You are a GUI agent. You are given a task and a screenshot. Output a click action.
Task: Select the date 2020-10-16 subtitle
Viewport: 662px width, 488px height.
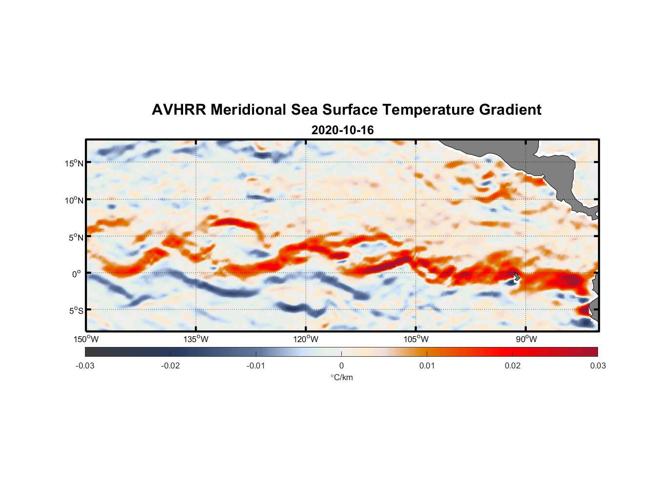342,130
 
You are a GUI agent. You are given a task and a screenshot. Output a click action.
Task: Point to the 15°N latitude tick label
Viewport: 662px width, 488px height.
74,163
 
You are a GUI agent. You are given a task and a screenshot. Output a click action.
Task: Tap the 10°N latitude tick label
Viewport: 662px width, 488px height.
74,200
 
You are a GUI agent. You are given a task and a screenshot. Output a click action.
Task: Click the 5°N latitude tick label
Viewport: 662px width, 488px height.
75,237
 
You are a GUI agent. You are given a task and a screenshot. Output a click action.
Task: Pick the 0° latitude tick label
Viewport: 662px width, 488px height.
77,274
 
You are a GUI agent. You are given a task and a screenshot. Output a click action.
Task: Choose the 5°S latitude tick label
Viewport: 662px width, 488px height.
75,310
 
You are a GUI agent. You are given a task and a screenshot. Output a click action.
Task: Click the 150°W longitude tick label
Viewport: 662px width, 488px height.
86,339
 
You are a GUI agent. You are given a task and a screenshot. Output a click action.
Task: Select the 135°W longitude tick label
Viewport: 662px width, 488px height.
196,339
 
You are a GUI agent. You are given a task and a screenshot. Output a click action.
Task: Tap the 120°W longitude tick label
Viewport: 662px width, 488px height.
306,339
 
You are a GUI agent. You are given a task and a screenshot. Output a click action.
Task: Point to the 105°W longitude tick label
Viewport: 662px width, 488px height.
416,339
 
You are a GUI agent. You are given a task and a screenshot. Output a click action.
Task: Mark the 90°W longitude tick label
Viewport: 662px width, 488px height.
526,339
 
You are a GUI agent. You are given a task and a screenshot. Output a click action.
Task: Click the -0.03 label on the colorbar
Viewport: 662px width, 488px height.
85,366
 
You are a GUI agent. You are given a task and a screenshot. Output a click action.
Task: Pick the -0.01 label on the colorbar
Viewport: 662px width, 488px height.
256,366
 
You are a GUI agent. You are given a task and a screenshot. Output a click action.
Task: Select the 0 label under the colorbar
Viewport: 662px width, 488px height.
341,366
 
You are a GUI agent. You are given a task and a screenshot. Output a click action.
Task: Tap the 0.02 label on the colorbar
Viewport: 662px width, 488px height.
513,366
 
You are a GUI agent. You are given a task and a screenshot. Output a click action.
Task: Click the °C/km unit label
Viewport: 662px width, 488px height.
341,377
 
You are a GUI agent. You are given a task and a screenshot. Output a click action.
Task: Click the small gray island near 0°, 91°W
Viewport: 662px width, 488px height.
517,277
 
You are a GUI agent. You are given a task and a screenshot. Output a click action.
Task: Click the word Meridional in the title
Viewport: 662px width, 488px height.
248,110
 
